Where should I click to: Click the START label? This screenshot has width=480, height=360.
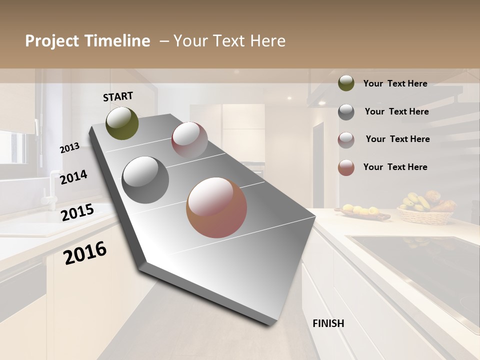click(118, 96)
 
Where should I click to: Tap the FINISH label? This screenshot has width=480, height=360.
click(328, 323)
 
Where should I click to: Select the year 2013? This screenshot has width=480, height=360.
click(70, 148)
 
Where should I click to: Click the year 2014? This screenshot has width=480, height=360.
click(73, 177)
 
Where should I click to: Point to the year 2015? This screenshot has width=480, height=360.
click(77, 212)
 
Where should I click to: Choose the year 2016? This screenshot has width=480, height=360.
click(85, 253)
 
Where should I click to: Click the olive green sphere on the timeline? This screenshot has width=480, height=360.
click(122, 123)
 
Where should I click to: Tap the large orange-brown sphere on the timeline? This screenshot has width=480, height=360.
click(216, 207)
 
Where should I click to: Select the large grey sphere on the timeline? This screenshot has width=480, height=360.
click(145, 180)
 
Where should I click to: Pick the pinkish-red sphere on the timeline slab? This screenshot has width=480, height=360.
click(189, 139)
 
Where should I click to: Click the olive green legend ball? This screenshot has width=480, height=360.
click(346, 83)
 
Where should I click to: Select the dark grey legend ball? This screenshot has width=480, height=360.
click(346, 112)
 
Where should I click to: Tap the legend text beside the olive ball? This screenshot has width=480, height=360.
click(395, 84)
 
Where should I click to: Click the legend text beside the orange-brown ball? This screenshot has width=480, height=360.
click(395, 167)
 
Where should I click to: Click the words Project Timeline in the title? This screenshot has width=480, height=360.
click(87, 41)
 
